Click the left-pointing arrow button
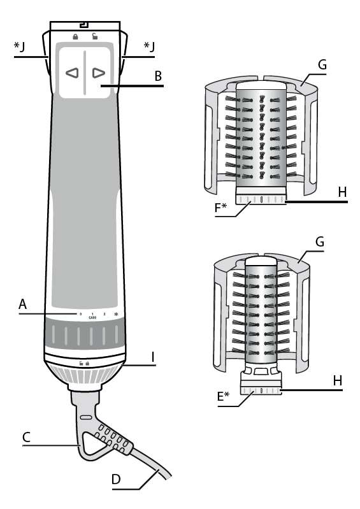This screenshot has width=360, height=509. pyautogui.click(x=72, y=73)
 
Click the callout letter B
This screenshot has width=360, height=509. pyautogui.click(x=158, y=76)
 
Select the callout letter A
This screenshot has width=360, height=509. pyautogui.click(x=22, y=304)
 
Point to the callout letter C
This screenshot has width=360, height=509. pyautogui.click(x=26, y=437)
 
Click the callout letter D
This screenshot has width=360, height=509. pyautogui.click(x=116, y=479)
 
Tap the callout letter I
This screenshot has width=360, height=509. pyautogui.click(x=152, y=357)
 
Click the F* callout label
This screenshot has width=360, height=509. pyautogui.click(x=220, y=207)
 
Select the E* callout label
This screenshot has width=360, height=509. pyautogui.click(x=223, y=396)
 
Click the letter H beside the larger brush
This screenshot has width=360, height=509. pyautogui.click(x=342, y=192)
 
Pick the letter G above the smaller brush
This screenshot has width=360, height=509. pyautogui.click(x=320, y=241)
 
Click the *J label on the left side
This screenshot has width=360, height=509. pyautogui.click(x=19, y=47)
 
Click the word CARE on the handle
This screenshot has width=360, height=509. pyautogui.click(x=92, y=317)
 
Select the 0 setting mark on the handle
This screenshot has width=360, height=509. pyautogui.click(x=80, y=314)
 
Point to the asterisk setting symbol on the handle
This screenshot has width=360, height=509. pyautogui.click(x=116, y=314)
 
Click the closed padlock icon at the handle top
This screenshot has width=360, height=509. pyautogui.click(x=75, y=37)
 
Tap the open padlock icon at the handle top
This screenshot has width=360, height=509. pyautogui.click(x=94, y=36)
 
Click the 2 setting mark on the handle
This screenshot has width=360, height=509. pyautogui.click(x=104, y=314)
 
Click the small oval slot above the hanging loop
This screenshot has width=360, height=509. pyautogui.click(x=85, y=417)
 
